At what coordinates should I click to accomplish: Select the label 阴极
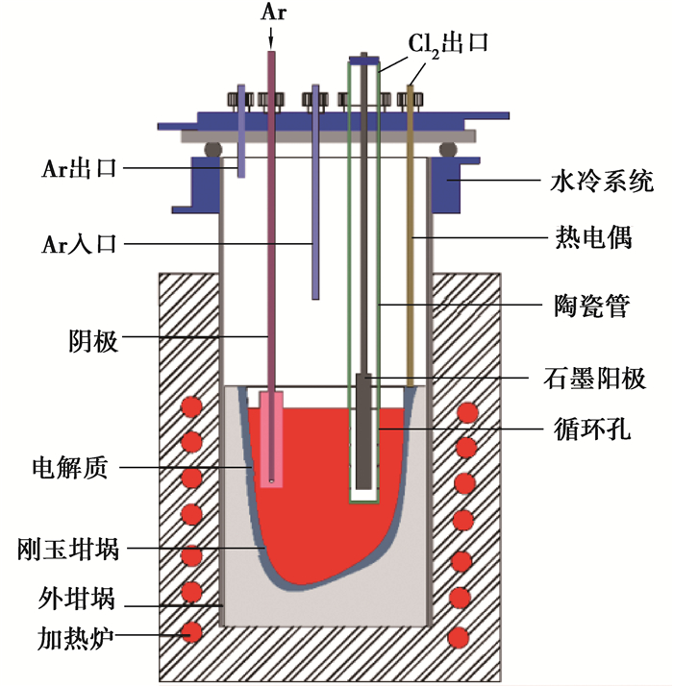(x=93, y=340)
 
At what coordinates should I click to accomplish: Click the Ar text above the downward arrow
(x=272, y=12)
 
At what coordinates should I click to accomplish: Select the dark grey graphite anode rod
(x=363, y=432)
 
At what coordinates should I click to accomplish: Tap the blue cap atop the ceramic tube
(x=363, y=61)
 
